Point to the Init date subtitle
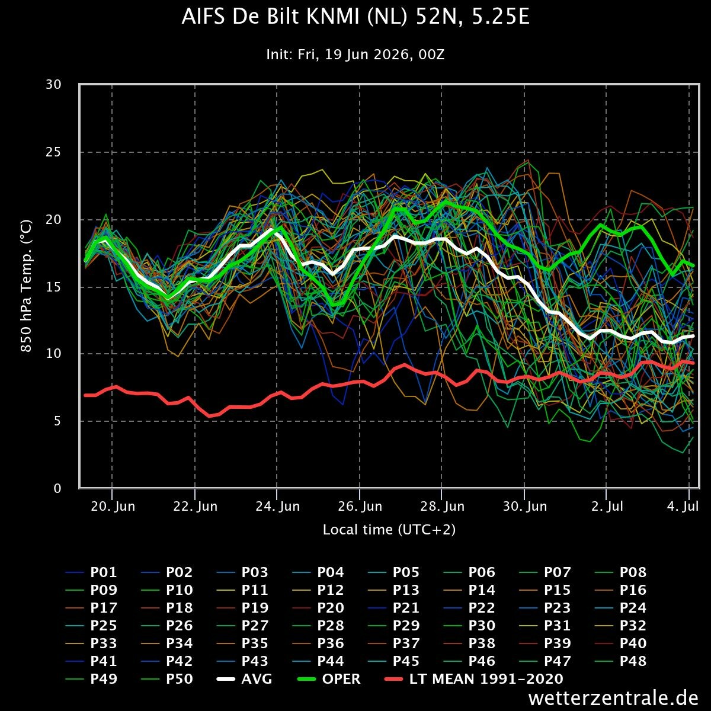pyautogui.click(x=355, y=55)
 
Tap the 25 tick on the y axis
pyautogui.click(x=53, y=152)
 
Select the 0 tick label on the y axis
pyautogui.click(x=57, y=488)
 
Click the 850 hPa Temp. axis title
pyautogui.click(x=26, y=286)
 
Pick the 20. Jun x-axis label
pyautogui.click(x=113, y=506)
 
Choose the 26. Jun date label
pyautogui.click(x=360, y=506)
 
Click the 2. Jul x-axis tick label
pyautogui.click(x=607, y=506)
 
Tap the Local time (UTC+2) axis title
pyautogui.click(x=389, y=530)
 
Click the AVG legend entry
pyautogui.click(x=244, y=679)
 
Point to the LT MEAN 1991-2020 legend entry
pyautogui.click(x=474, y=679)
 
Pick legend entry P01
pyautogui.click(x=91, y=572)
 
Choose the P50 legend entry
pyautogui.click(x=166, y=679)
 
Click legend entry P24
pyautogui.click(x=620, y=608)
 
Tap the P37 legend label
pyautogui.click(x=393, y=643)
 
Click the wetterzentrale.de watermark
pyautogui.click(x=613, y=698)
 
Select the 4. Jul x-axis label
pyautogui.click(x=683, y=506)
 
